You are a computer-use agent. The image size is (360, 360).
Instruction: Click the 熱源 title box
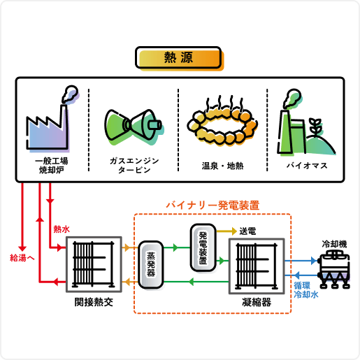click(178, 58)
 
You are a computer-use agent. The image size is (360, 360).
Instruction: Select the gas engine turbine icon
click(134, 127)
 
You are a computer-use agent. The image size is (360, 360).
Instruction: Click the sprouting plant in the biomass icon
click(315, 127)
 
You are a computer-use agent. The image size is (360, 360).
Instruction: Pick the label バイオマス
click(307, 166)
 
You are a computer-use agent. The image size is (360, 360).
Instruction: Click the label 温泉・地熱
click(222, 166)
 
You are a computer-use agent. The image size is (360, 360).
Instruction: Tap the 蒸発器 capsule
click(151, 265)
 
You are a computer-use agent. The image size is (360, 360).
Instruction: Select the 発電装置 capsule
click(203, 247)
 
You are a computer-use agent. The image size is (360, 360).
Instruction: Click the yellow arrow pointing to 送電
click(226, 231)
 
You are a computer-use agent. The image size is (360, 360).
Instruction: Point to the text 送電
click(247, 231)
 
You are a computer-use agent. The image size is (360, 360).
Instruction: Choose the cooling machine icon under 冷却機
click(334, 269)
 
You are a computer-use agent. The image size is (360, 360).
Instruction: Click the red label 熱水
click(62, 229)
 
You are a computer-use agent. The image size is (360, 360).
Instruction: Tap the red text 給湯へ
click(22, 258)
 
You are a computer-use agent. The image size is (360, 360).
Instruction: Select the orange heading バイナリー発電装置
click(213, 206)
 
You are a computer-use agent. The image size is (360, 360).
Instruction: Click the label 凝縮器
click(257, 302)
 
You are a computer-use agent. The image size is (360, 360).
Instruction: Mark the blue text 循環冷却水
click(305, 290)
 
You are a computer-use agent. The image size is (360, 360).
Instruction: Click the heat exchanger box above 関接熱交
click(94, 264)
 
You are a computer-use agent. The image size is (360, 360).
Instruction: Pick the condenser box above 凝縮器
click(257, 266)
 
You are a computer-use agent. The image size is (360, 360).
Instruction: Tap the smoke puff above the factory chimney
click(71, 94)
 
